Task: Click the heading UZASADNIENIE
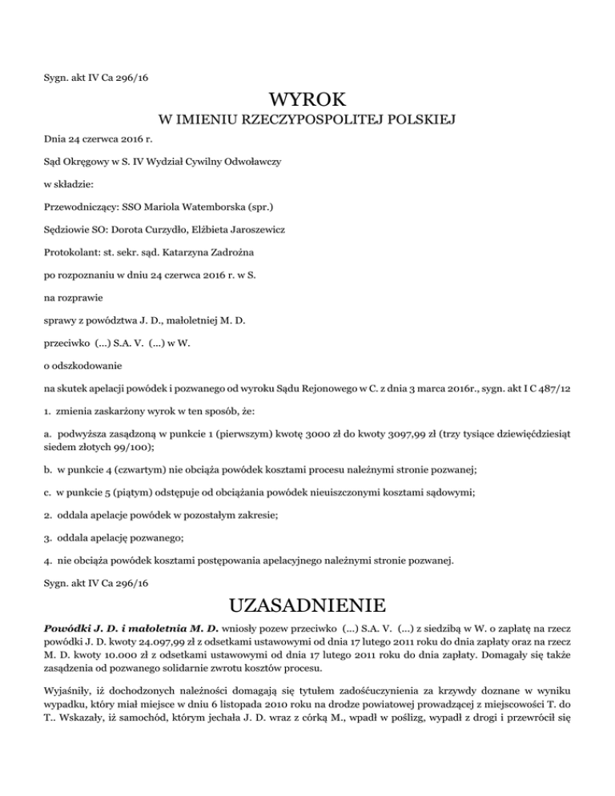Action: [307, 603]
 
